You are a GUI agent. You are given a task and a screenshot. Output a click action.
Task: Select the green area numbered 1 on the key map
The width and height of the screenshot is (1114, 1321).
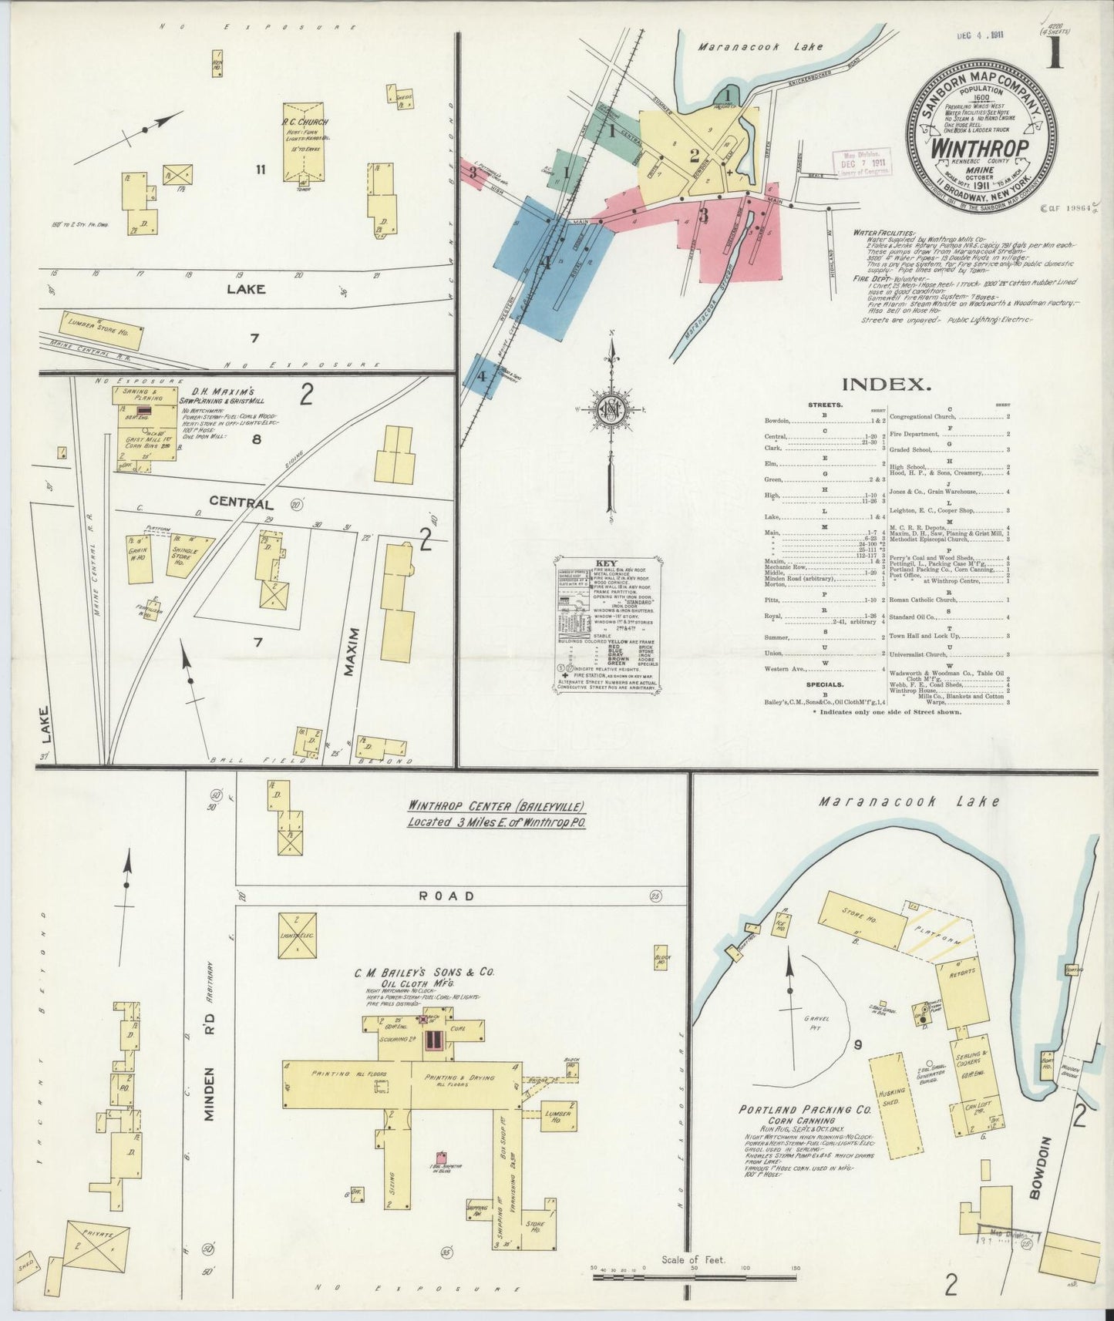point(614,134)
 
